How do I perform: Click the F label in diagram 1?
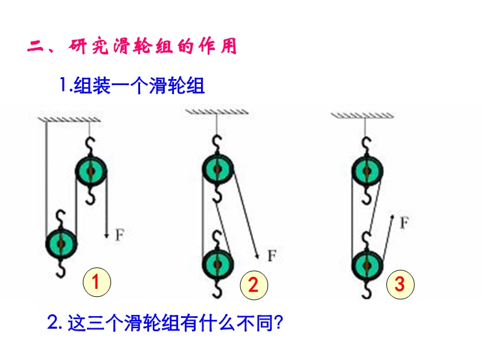(x=120, y=235)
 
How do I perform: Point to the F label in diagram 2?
(x=272, y=255)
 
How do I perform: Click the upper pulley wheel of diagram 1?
(x=91, y=172)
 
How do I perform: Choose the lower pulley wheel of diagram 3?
(x=365, y=264)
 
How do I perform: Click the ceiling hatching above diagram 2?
(x=216, y=112)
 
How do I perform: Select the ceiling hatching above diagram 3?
(x=364, y=115)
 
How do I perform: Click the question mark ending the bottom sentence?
(x=278, y=323)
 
